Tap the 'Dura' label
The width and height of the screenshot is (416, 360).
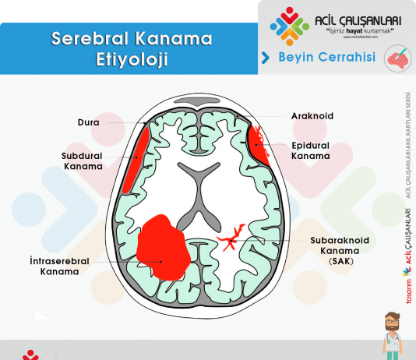coord(88,122)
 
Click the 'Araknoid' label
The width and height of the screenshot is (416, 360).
coord(312,115)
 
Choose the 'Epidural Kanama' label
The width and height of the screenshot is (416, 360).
coord(310,150)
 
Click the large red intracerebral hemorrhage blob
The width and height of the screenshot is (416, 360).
coord(162,245)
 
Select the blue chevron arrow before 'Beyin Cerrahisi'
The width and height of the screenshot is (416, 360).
coord(266,57)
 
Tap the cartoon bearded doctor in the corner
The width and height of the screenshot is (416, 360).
coord(393,332)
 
